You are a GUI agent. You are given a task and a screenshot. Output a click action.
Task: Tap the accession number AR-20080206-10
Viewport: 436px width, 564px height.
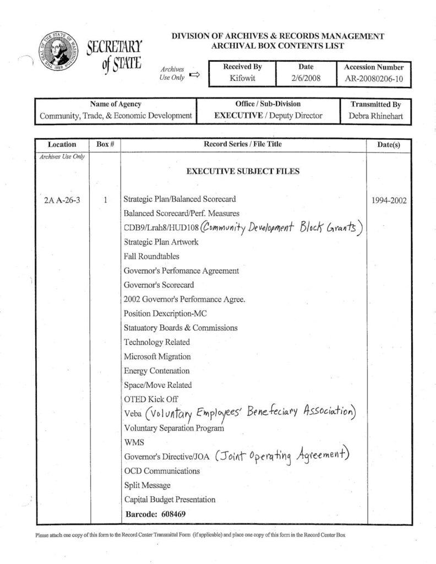374,79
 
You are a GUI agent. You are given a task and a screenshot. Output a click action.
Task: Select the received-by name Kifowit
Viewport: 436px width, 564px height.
242,79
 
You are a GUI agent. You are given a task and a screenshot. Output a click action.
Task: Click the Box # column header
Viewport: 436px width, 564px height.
105,144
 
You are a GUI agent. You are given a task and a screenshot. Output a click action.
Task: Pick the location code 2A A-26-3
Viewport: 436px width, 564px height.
62,200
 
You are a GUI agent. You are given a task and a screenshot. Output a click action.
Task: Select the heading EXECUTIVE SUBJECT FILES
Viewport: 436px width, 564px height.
243,172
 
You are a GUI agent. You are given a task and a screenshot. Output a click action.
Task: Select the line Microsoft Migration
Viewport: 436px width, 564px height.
157,356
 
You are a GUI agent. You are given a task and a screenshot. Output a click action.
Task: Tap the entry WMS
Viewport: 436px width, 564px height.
134,442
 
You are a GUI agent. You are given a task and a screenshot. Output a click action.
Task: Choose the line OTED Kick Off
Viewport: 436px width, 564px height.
151,399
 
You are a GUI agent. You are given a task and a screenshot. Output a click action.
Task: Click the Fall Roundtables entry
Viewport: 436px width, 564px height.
151,256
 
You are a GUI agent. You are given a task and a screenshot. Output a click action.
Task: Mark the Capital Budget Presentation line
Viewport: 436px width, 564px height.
170,500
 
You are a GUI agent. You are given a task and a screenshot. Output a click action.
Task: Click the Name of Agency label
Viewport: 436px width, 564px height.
116,104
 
